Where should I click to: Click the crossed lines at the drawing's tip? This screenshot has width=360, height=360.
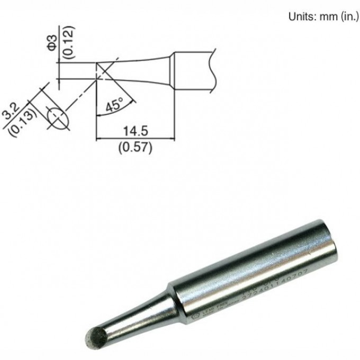coord(103,71)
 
